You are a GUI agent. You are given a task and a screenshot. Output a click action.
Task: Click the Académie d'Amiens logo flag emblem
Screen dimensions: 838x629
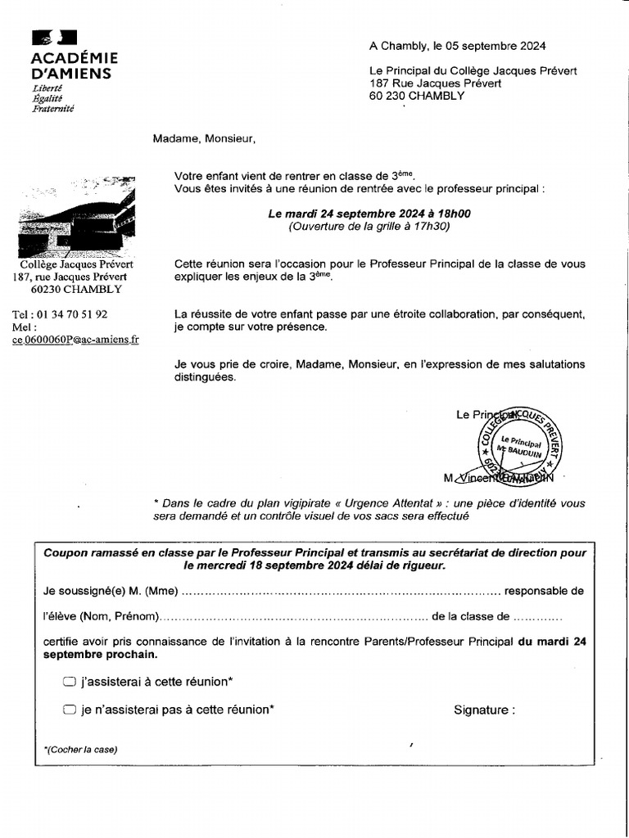click(x=54, y=38)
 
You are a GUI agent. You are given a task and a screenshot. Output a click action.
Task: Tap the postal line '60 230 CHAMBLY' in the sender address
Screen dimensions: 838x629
click(x=417, y=96)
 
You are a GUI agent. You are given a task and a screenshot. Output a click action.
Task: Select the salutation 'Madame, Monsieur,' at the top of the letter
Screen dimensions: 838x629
click(x=204, y=138)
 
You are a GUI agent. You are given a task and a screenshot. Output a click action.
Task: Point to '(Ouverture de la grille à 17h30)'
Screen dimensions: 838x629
click(x=369, y=227)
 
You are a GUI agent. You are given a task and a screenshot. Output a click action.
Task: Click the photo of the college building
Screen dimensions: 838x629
click(x=76, y=214)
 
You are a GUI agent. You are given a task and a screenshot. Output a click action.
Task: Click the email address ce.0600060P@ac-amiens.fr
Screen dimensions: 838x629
click(x=75, y=340)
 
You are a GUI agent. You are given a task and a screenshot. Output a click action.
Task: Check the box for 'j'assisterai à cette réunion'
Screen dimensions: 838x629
click(x=70, y=682)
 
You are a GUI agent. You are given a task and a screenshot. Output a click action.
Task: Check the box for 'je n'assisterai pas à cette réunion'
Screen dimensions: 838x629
click(x=70, y=710)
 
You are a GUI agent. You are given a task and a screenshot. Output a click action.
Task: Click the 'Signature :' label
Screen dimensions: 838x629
click(x=484, y=710)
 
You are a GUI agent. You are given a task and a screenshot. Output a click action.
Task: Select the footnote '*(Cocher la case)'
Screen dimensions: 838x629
click(x=80, y=750)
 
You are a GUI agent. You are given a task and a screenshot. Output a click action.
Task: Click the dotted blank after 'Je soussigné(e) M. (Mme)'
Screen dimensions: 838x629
click(x=340, y=591)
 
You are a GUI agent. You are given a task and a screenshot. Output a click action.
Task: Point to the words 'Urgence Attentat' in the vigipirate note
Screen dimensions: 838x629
click(x=419, y=503)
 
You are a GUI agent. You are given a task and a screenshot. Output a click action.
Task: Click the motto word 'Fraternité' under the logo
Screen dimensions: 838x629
click(x=53, y=109)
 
